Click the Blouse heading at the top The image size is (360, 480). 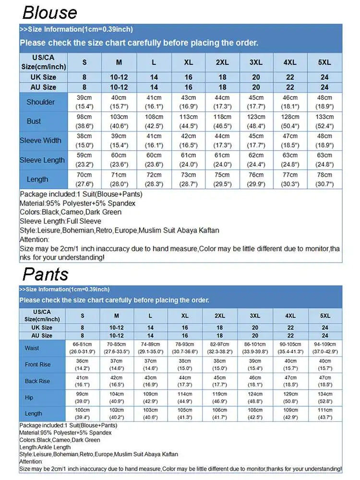pyautogui.click(x=49, y=12)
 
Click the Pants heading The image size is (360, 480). pyautogui.click(x=46, y=274)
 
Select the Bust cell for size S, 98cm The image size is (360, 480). pyautogui.click(x=84, y=121)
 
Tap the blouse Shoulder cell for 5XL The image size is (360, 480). pyautogui.click(x=324, y=102)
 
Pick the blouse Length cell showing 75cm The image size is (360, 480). pyautogui.click(x=222, y=179)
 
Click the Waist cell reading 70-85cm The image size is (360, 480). pyautogui.click(x=117, y=348)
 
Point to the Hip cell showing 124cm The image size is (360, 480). pyautogui.click(x=255, y=397)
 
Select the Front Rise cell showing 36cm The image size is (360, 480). pyautogui.click(x=82, y=364)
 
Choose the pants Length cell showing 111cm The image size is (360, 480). pyautogui.click(x=325, y=414)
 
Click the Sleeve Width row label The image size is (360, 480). pyautogui.click(x=41, y=141)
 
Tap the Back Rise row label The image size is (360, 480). pyautogui.click(x=37, y=381)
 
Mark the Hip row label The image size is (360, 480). pyautogui.click(x=29, y=397)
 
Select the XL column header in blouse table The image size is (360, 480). pyautogui.click(x=188, y=62)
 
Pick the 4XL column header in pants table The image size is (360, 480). pyautogui.click(x=290, y=316)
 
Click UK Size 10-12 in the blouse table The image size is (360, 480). pyautogui.click(x=119, y=77)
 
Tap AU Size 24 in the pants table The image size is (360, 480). pyautogui.click(x=325, y=336)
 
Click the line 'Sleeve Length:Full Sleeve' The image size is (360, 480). pyautogui.click(x=60, y=221)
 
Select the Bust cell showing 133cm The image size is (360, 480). pyautogui.click(x=324, y=121)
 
